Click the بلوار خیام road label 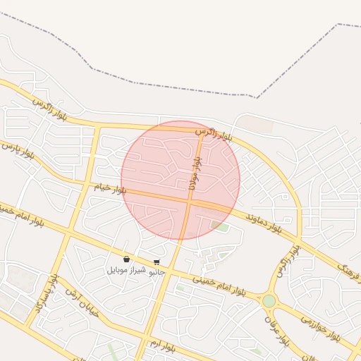[110, 189]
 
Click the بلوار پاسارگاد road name [44, 294]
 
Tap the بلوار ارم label [161, 345]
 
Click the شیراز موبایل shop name [127, 270]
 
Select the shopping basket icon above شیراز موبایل [126, 259]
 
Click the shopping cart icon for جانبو [156, 262]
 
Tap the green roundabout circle [269, 301]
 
